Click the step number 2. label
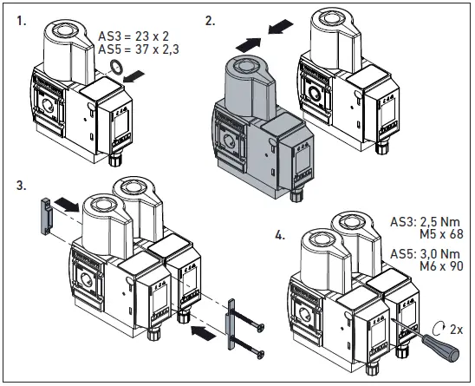pyautogui.click(x=211, y=16)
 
